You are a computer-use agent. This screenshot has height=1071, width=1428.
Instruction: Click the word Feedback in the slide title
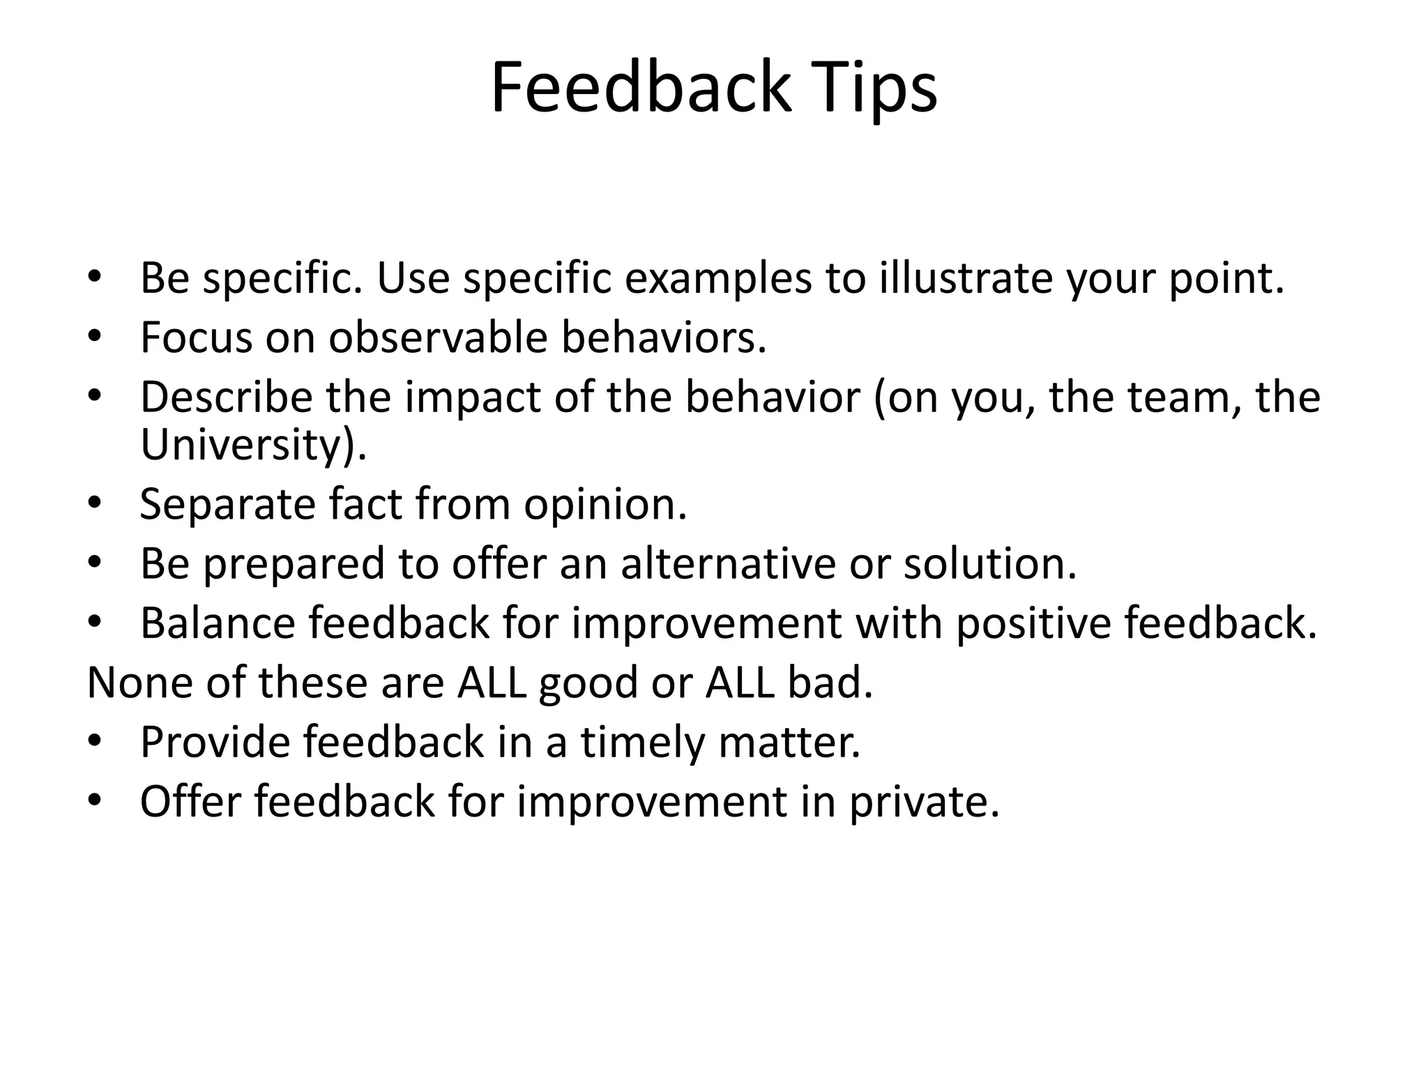641,89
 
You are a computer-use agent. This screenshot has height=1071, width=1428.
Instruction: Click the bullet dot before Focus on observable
96,337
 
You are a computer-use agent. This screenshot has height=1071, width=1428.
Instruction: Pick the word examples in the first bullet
718,278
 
